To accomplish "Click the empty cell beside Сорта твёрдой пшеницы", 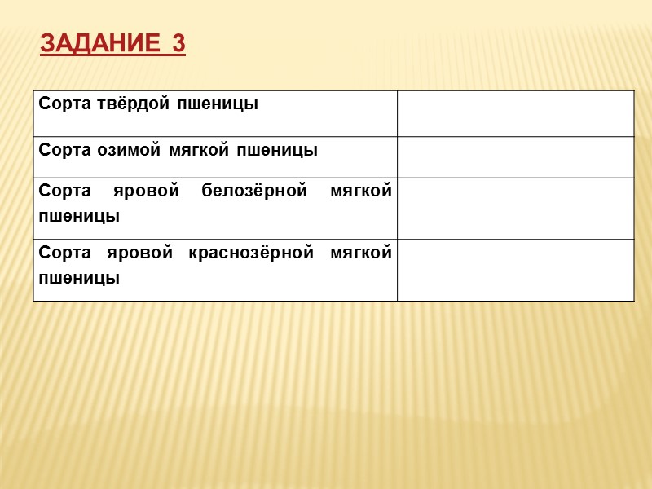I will pyautogui.click(x=515, y=113).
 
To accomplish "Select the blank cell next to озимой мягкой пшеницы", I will pyautogui.click(x=515, y=156).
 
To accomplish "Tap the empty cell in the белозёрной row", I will pyautogui.click(x=515, y=208).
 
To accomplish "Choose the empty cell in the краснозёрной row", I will pyautogui.click(x=515, y=270).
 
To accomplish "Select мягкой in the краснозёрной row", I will pyautogui.click(x=361, y=253).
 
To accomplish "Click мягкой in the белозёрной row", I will pyautogui.click(x=361, y=191).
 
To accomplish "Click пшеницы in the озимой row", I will pyautogui.click(x=276, y=150).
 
